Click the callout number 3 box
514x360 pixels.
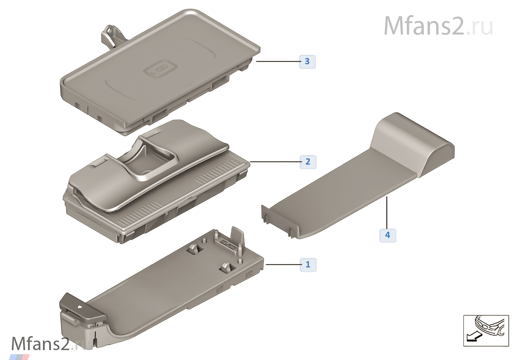point(307,62)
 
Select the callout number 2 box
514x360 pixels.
point(308,162)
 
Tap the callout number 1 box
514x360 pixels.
point(308,265)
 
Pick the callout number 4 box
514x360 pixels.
point(388,235)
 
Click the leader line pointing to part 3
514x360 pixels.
point(278,61)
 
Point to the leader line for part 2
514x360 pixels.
point(275,162)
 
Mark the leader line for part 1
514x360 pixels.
point(283,264)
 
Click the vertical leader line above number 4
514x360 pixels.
point(387,213)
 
